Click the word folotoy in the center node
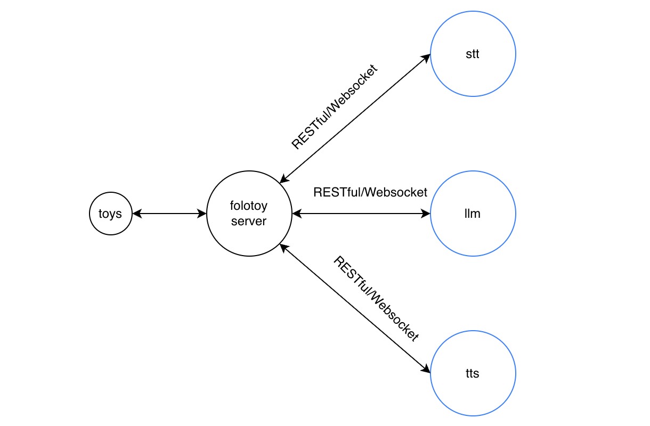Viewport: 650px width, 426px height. point(249,207)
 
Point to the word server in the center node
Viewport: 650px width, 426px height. point(249,221)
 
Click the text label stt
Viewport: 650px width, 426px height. point(473,54)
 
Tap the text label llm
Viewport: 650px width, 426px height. point(473,214)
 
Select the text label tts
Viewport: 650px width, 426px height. point(473,373)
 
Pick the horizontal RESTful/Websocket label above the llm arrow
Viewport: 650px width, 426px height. point(370,192)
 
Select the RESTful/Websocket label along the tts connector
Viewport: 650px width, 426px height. point(376,298)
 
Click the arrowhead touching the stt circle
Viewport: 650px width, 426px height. point(426,57)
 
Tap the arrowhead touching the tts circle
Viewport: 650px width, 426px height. point(426,369)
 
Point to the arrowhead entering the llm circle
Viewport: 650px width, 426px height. point(426,214)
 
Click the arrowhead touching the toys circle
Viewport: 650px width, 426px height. point(136,214)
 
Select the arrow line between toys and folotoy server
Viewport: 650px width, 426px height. point(169,214)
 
